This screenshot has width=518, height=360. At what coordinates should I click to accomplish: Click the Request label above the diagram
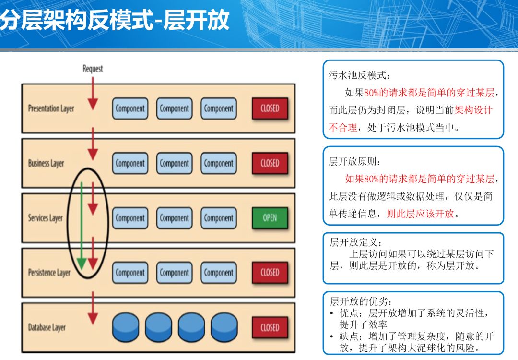(93, 69)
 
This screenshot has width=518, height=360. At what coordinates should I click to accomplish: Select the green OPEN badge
(270, 218)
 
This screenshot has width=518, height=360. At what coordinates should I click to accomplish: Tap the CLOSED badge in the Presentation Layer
(270, 108)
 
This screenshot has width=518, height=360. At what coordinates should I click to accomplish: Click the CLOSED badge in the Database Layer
(270, 328)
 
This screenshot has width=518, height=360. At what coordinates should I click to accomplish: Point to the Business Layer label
(46, 163)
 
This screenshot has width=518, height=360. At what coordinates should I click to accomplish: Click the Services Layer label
(45, 218)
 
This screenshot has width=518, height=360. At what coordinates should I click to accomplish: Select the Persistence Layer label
(49, 273)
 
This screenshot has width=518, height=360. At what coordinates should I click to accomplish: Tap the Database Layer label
(47, 328)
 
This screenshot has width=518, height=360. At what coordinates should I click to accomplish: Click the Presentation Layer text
(51, 108)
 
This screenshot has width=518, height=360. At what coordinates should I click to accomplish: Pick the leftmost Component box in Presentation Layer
(130, 108)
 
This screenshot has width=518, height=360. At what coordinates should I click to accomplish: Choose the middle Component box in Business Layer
(174, 163)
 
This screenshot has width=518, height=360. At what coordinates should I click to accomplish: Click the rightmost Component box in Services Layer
(218, 218)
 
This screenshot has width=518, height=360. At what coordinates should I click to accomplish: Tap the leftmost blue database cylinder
(126, 328)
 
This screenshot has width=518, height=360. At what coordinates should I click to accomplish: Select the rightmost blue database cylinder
(224, 328)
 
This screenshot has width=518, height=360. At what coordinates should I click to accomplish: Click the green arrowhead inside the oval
(81, 264)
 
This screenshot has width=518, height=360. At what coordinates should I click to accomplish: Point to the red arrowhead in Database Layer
(93, 319)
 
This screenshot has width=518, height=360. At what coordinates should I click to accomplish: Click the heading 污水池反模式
(357, 75)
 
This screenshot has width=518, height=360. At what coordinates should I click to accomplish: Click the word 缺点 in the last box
(349, 336)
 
